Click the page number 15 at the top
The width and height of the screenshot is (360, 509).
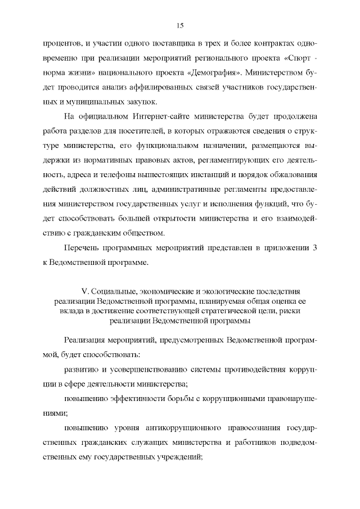180,26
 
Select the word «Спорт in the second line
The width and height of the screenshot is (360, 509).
295,58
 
